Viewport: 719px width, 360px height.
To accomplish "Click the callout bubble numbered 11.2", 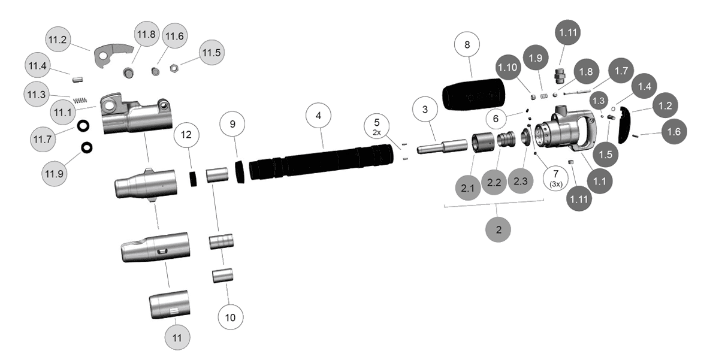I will [x=58, y=40].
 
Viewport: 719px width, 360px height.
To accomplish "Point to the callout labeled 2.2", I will [x=494, y=183].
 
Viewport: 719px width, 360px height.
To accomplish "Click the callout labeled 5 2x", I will [x=377, y=126].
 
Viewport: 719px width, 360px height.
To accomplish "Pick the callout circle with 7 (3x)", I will [x=555, y=178].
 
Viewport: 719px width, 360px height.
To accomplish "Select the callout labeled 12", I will [x=186, y=134].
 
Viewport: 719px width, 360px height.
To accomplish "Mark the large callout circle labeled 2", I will [x=499, y=228].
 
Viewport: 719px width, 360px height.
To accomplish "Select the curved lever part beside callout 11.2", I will [x=113, y=53].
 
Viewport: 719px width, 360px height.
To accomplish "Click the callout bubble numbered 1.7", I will [x=621, y=70].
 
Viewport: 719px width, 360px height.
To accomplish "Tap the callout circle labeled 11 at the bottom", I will [x=177, y=337].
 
